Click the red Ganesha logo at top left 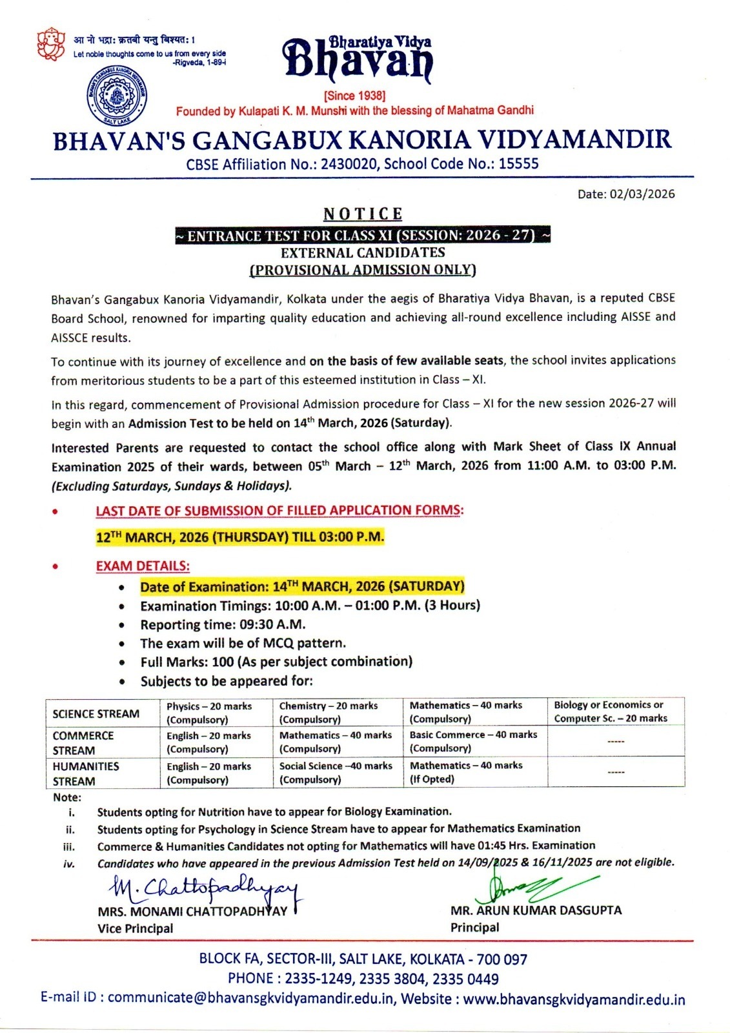[x=50, y=44]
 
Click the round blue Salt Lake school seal [x=116, y=95]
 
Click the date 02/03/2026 [x=642, y=194]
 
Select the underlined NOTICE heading [x=363, y=214]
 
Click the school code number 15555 [x=518, y=164]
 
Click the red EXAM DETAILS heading [x=143, y=566]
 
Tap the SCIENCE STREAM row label [x=96, y=713]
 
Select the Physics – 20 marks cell [x=209, y=713]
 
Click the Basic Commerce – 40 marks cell [x=473, y=741]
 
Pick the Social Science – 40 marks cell [x=336, y=772]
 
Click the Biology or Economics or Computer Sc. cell [x=610, y=711]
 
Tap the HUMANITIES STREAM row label [x=86, y=773]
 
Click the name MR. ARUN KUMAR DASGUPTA [x=536, y=910]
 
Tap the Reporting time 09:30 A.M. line [x=223, y=624]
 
